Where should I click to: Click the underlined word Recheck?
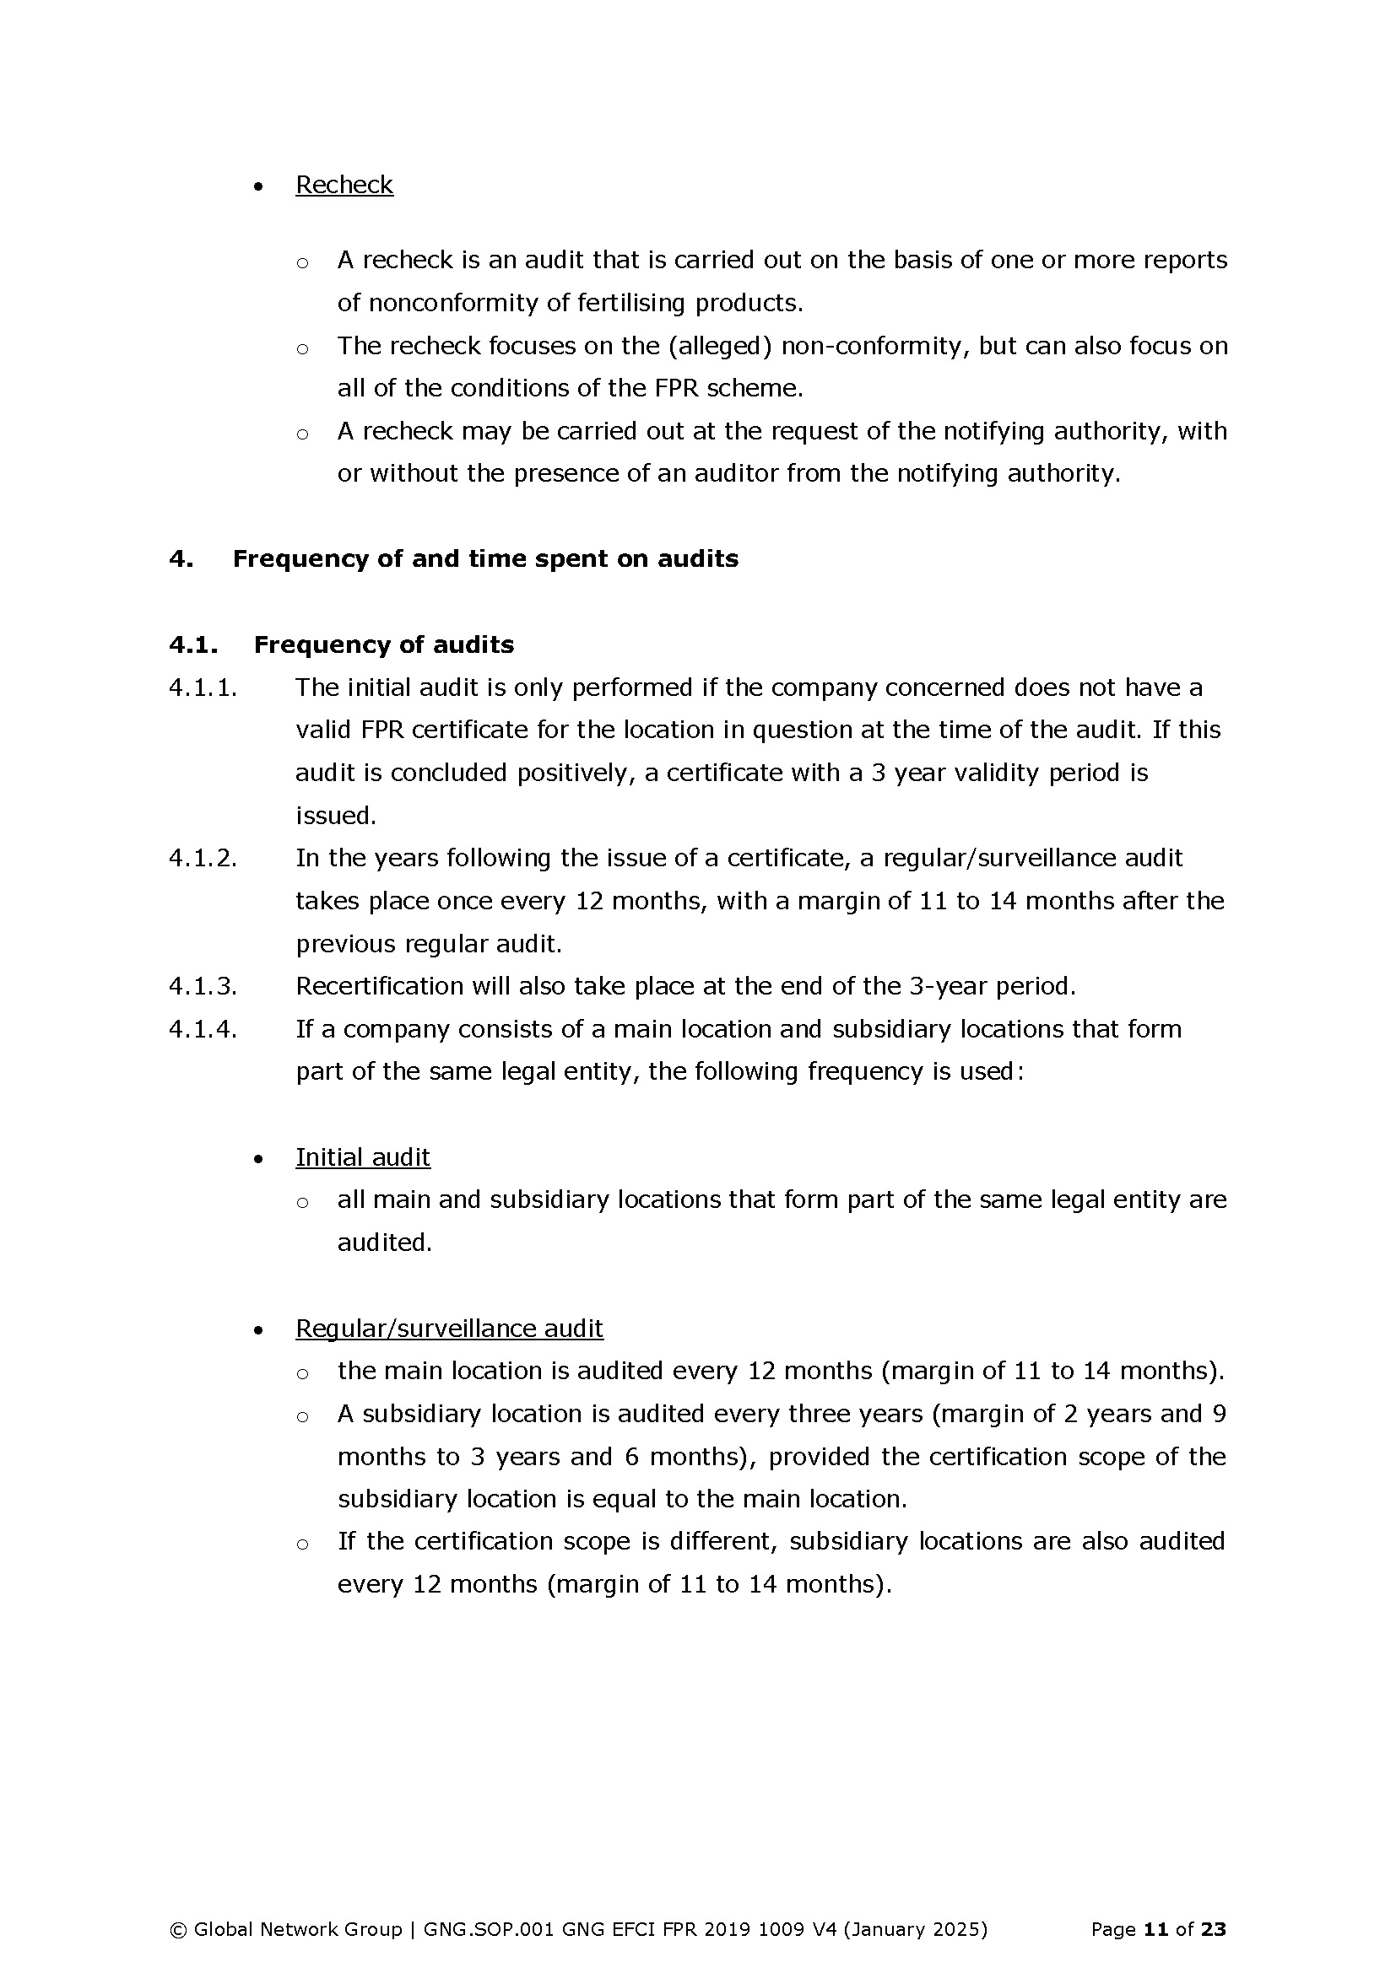pyautogui.click(x=344, y=185)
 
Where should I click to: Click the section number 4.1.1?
pyautogui.click(x=203, y=687)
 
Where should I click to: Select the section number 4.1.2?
pyautogui.click(x=203, y=858)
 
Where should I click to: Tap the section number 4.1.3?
pyautogui.click(x=203, y=985)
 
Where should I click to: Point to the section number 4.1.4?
pyautogui.click(x=203, y=1028)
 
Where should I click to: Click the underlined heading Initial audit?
pyautogui.click(x=363, y=1157)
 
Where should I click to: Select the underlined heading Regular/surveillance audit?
pyautogui.click(x=449, y=1329)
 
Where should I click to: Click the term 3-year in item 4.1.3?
pyautogui.click(x=948, y=985)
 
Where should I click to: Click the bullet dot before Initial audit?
pyautogui.click(x=259, y=1159)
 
